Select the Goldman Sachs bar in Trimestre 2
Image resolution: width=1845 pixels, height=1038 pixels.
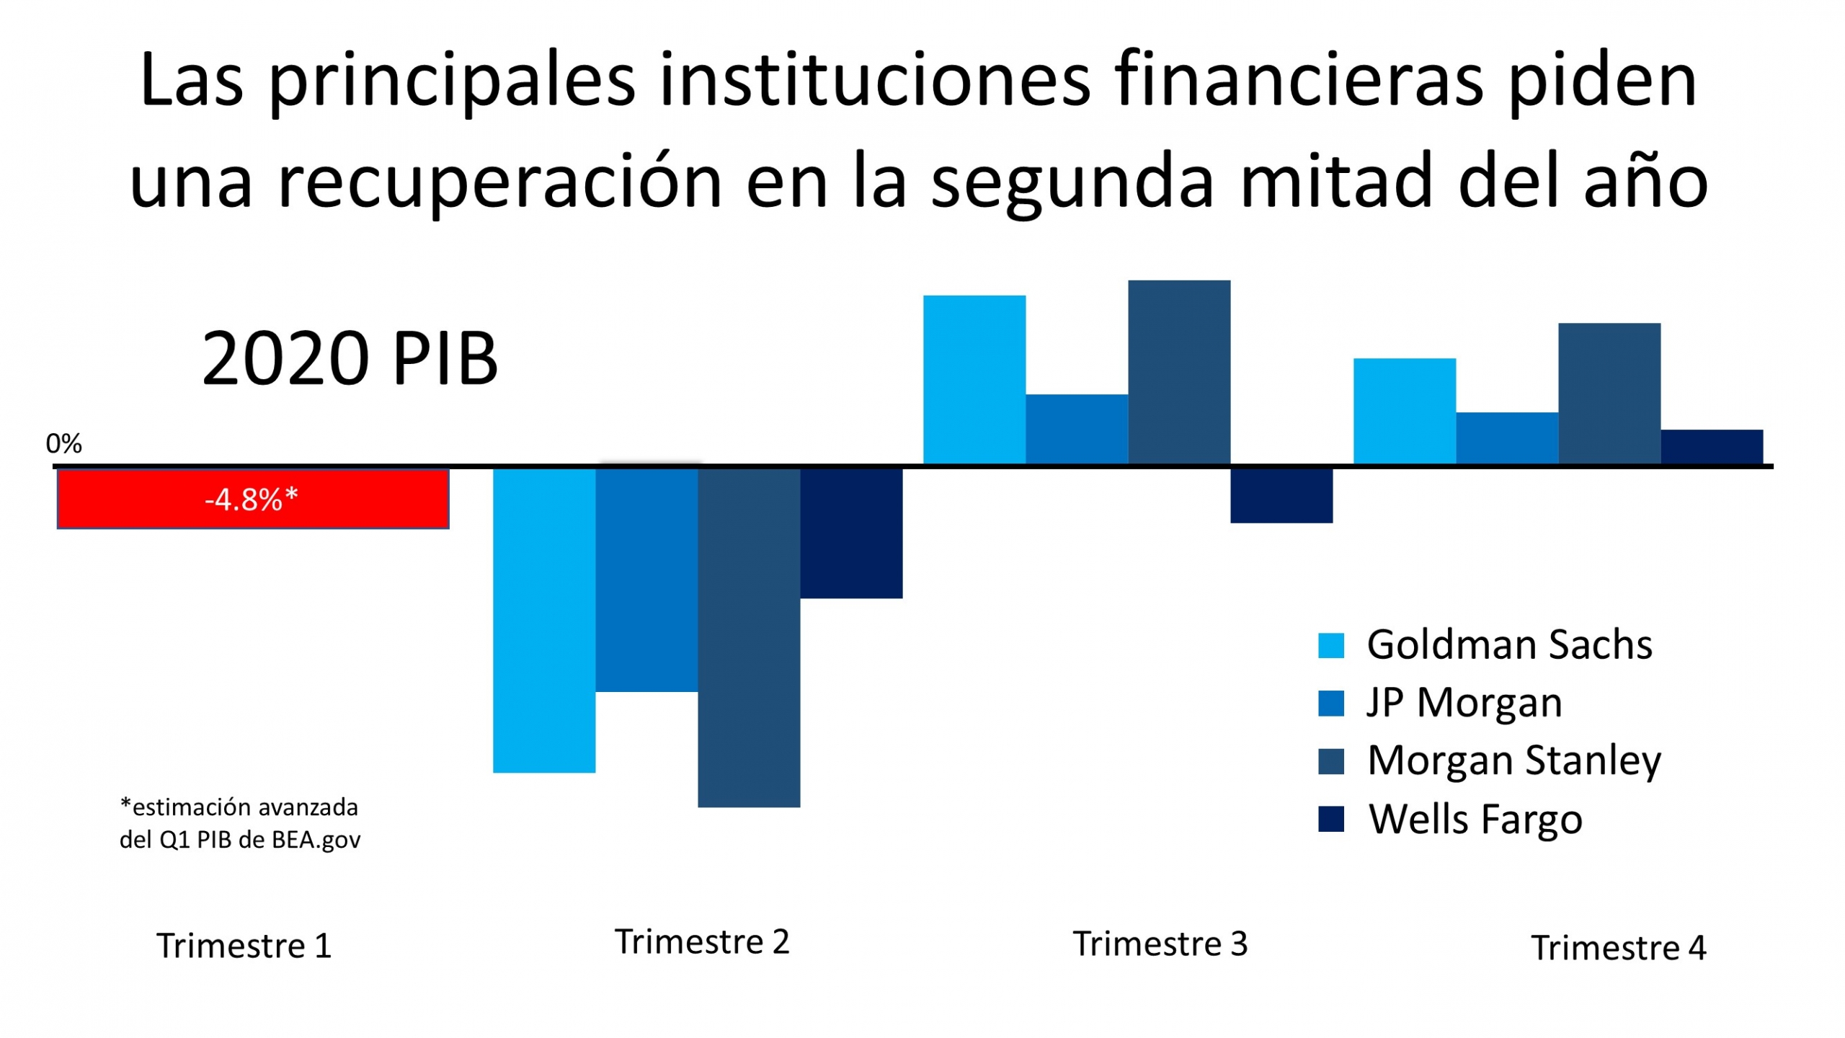(544, 620)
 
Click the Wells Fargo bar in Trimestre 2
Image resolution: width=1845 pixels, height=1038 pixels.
(851, 533)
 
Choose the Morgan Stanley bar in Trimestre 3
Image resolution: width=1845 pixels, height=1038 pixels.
(1179, 372)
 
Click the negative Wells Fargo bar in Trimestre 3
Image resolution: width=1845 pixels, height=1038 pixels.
(1281, 496)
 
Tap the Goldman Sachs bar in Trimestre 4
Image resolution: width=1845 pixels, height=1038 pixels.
(1405, 411)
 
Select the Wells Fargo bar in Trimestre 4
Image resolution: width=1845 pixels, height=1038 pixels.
(1712, 447)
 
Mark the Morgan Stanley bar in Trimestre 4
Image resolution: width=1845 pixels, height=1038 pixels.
(1609, 394)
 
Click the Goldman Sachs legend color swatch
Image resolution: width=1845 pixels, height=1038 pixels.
(1331, 645)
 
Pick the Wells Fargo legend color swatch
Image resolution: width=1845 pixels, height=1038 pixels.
(1331, 820)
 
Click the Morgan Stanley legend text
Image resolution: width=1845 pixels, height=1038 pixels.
(1514, 761)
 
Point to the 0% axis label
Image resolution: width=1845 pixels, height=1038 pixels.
(63, 443)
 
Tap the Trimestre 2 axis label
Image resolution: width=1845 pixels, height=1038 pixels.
(702, 942)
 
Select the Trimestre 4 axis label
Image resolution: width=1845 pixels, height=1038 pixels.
(1619, 948)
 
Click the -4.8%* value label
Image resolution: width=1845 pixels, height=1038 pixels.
(252, 499)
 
